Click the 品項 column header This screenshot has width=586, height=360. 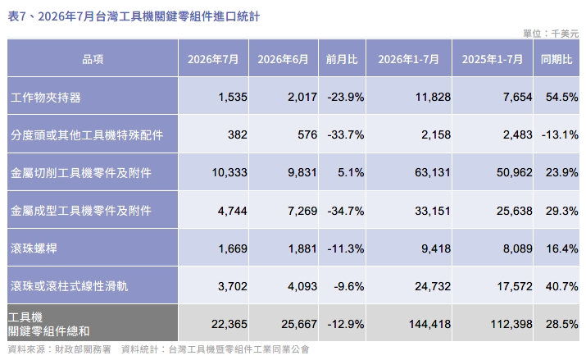click(93, 59)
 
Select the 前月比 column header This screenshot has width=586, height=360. click(342, 59)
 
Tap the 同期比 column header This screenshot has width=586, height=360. click(556, 59)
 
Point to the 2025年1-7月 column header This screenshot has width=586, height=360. click(493, 59)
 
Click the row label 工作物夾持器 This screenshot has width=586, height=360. click(46, 98)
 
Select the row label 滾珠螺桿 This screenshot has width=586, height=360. click(34, 248)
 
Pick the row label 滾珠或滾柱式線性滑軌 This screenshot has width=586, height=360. click(69, 286)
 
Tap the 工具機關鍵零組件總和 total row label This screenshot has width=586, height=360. click(48, 324)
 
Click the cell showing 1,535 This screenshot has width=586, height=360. click(233, 98)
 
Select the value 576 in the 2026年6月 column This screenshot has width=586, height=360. click(307, 134)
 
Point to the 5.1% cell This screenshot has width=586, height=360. click(351, 172)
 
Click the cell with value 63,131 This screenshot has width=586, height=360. click(433, 172)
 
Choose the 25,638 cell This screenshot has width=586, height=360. click(514, 211)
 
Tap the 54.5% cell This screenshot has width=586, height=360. click(561, 98)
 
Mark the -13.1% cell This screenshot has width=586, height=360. click(560, 134)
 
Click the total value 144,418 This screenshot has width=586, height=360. click(429, 324)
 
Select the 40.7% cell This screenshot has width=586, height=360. click(561, 286)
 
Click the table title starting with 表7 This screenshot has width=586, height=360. click(134, 16)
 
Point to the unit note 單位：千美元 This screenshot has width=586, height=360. click(551, 34)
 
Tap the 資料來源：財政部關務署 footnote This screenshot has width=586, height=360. click(60, 349)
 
